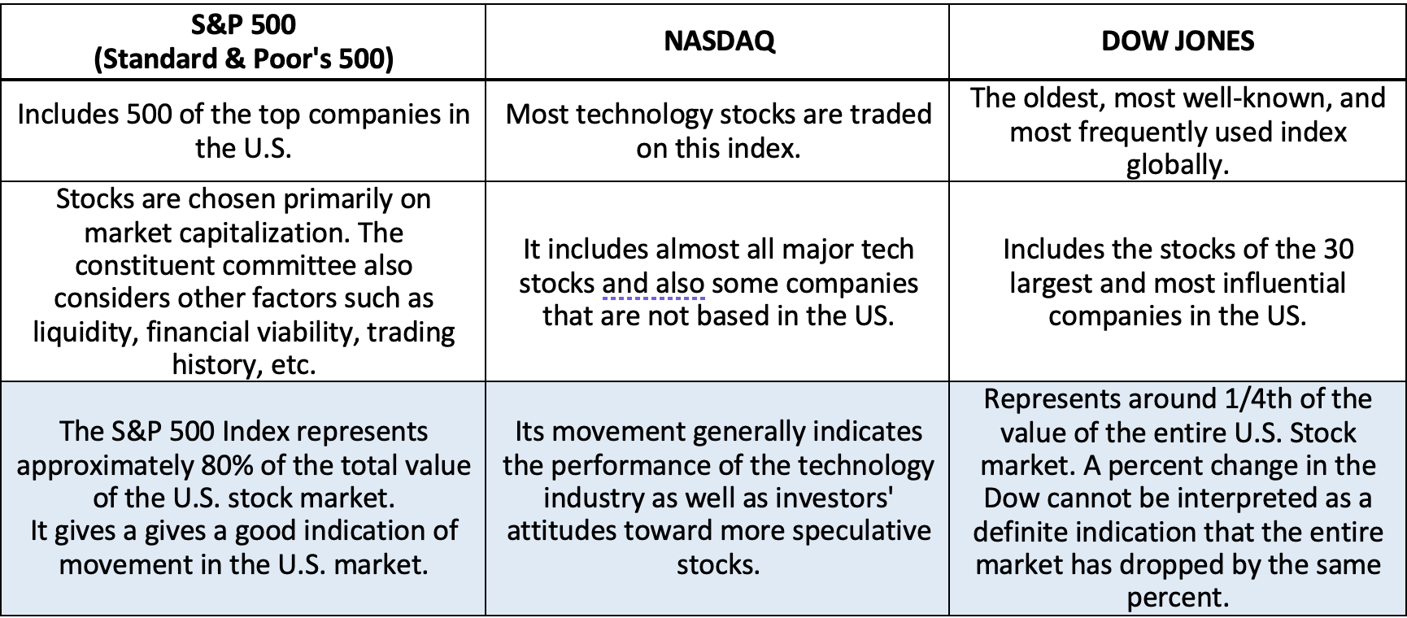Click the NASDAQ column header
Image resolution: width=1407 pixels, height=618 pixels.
pyautogui.click(x=719, y=41)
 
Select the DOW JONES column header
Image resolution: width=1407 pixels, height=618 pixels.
pyautogui.click(x=1178, y=41)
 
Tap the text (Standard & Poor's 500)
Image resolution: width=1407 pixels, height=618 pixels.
pyautogui.click(x=244, y=59)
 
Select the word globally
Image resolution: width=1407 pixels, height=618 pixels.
pyautogui.click(x=1178, y=165)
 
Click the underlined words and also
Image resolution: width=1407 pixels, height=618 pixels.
pyautogui.click(x=653, y=284)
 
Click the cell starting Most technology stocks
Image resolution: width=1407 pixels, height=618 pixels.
pyautogui.click(x=718, y=131)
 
